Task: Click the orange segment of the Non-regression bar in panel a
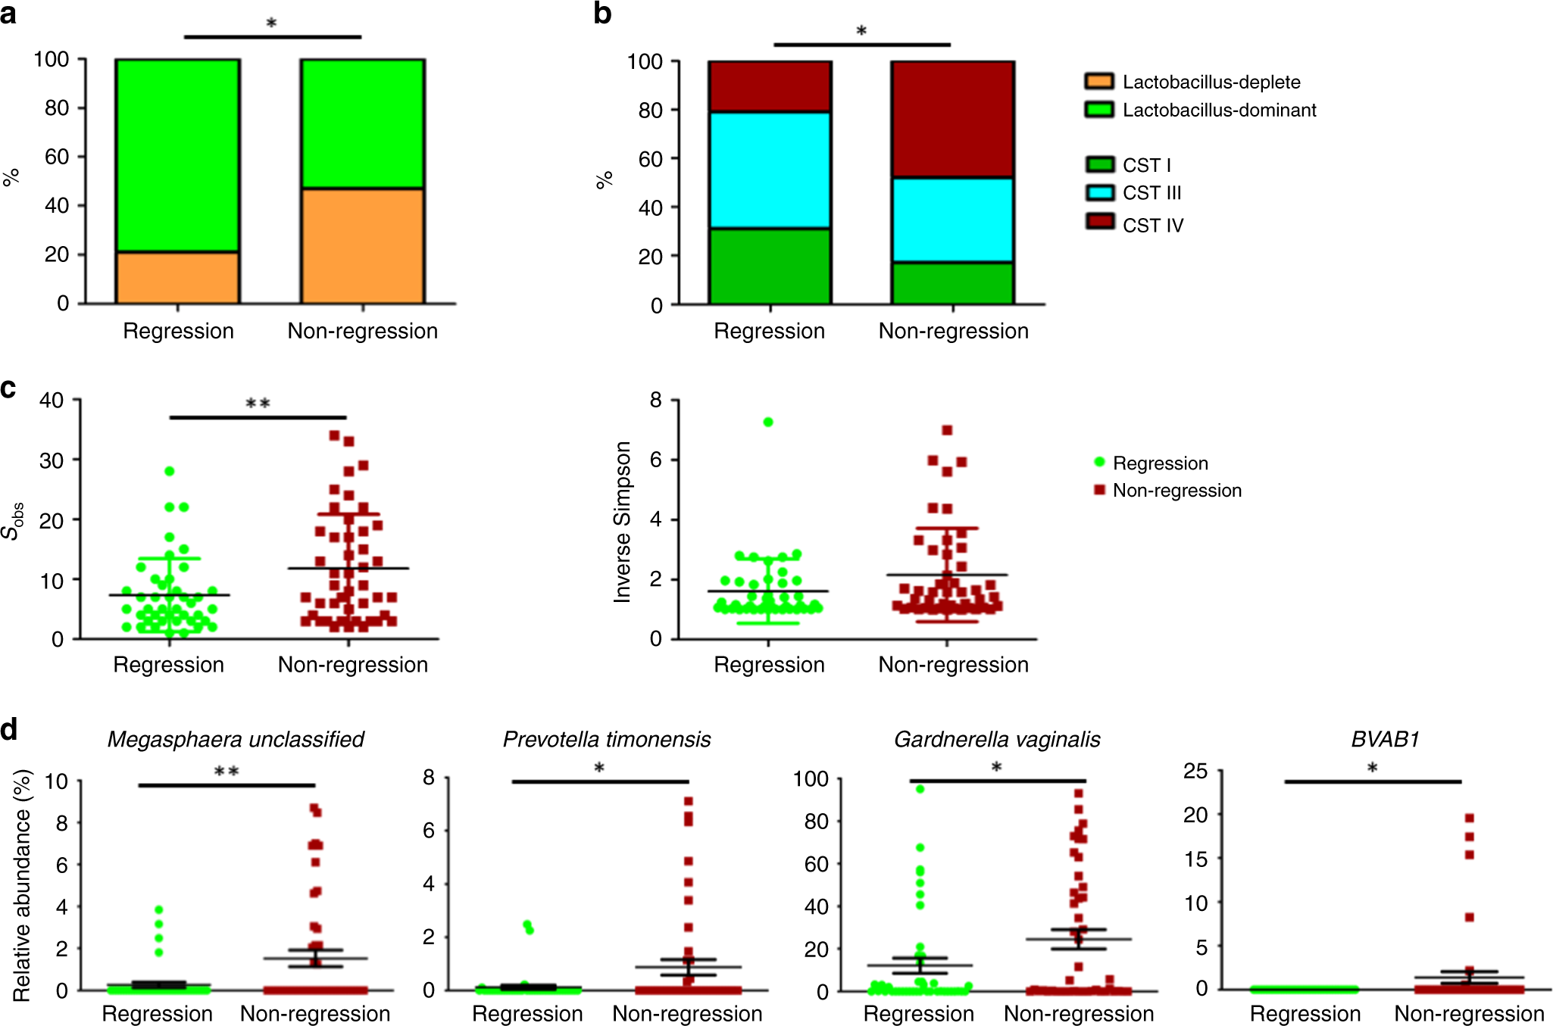(362, 245)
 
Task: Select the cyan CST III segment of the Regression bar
(770, 170)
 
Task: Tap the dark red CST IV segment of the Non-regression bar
(952, 119)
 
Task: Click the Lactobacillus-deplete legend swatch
(1099, 82)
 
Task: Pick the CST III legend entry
(1151, 193)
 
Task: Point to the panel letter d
(9, 731)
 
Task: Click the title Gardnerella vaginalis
(997, 739)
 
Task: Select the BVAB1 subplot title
(1385, 739)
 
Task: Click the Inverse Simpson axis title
(623, 522)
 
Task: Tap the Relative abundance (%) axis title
(22, 886)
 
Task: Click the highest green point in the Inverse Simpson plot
(768, 423)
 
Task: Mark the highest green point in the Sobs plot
(170, 471)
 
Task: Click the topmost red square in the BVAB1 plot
(1469, 818)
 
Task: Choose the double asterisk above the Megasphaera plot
(227, 772)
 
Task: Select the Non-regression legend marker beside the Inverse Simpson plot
(1099, 490)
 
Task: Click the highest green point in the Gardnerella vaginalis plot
(920, 789)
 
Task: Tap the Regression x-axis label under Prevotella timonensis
(527, 1014)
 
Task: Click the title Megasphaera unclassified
(236, 739)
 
